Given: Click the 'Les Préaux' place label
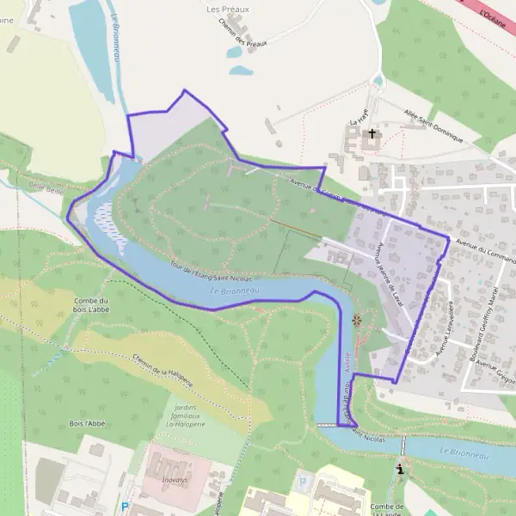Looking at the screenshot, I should [227, 9].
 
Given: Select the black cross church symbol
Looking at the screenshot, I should [372, 134].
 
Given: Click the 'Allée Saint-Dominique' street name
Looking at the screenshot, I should [434, 126].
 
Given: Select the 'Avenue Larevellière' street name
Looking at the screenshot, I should [444, 331].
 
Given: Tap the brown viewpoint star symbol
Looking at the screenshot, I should [357, 321].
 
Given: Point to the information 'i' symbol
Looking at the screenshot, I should [399, 470].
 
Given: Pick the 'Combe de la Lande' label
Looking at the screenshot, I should [388, 509].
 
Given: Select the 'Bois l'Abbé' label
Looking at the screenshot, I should [88, 424].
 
